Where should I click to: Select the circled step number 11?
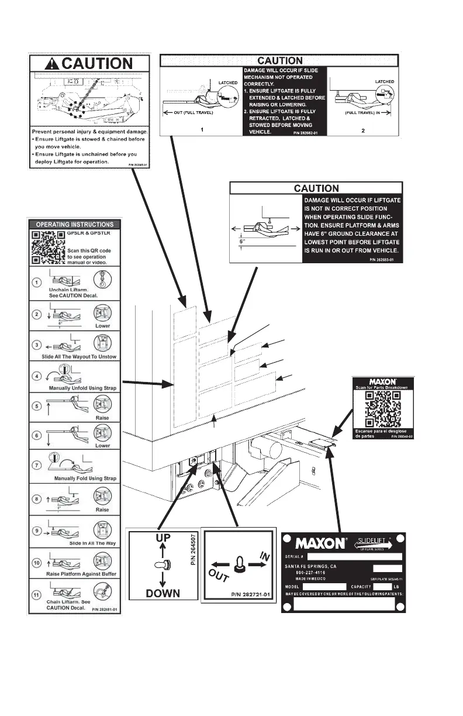[x=36, y=594]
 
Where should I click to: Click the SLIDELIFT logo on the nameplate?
[x=376, y=542]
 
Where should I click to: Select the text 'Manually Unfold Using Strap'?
[x=76, y=387]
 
